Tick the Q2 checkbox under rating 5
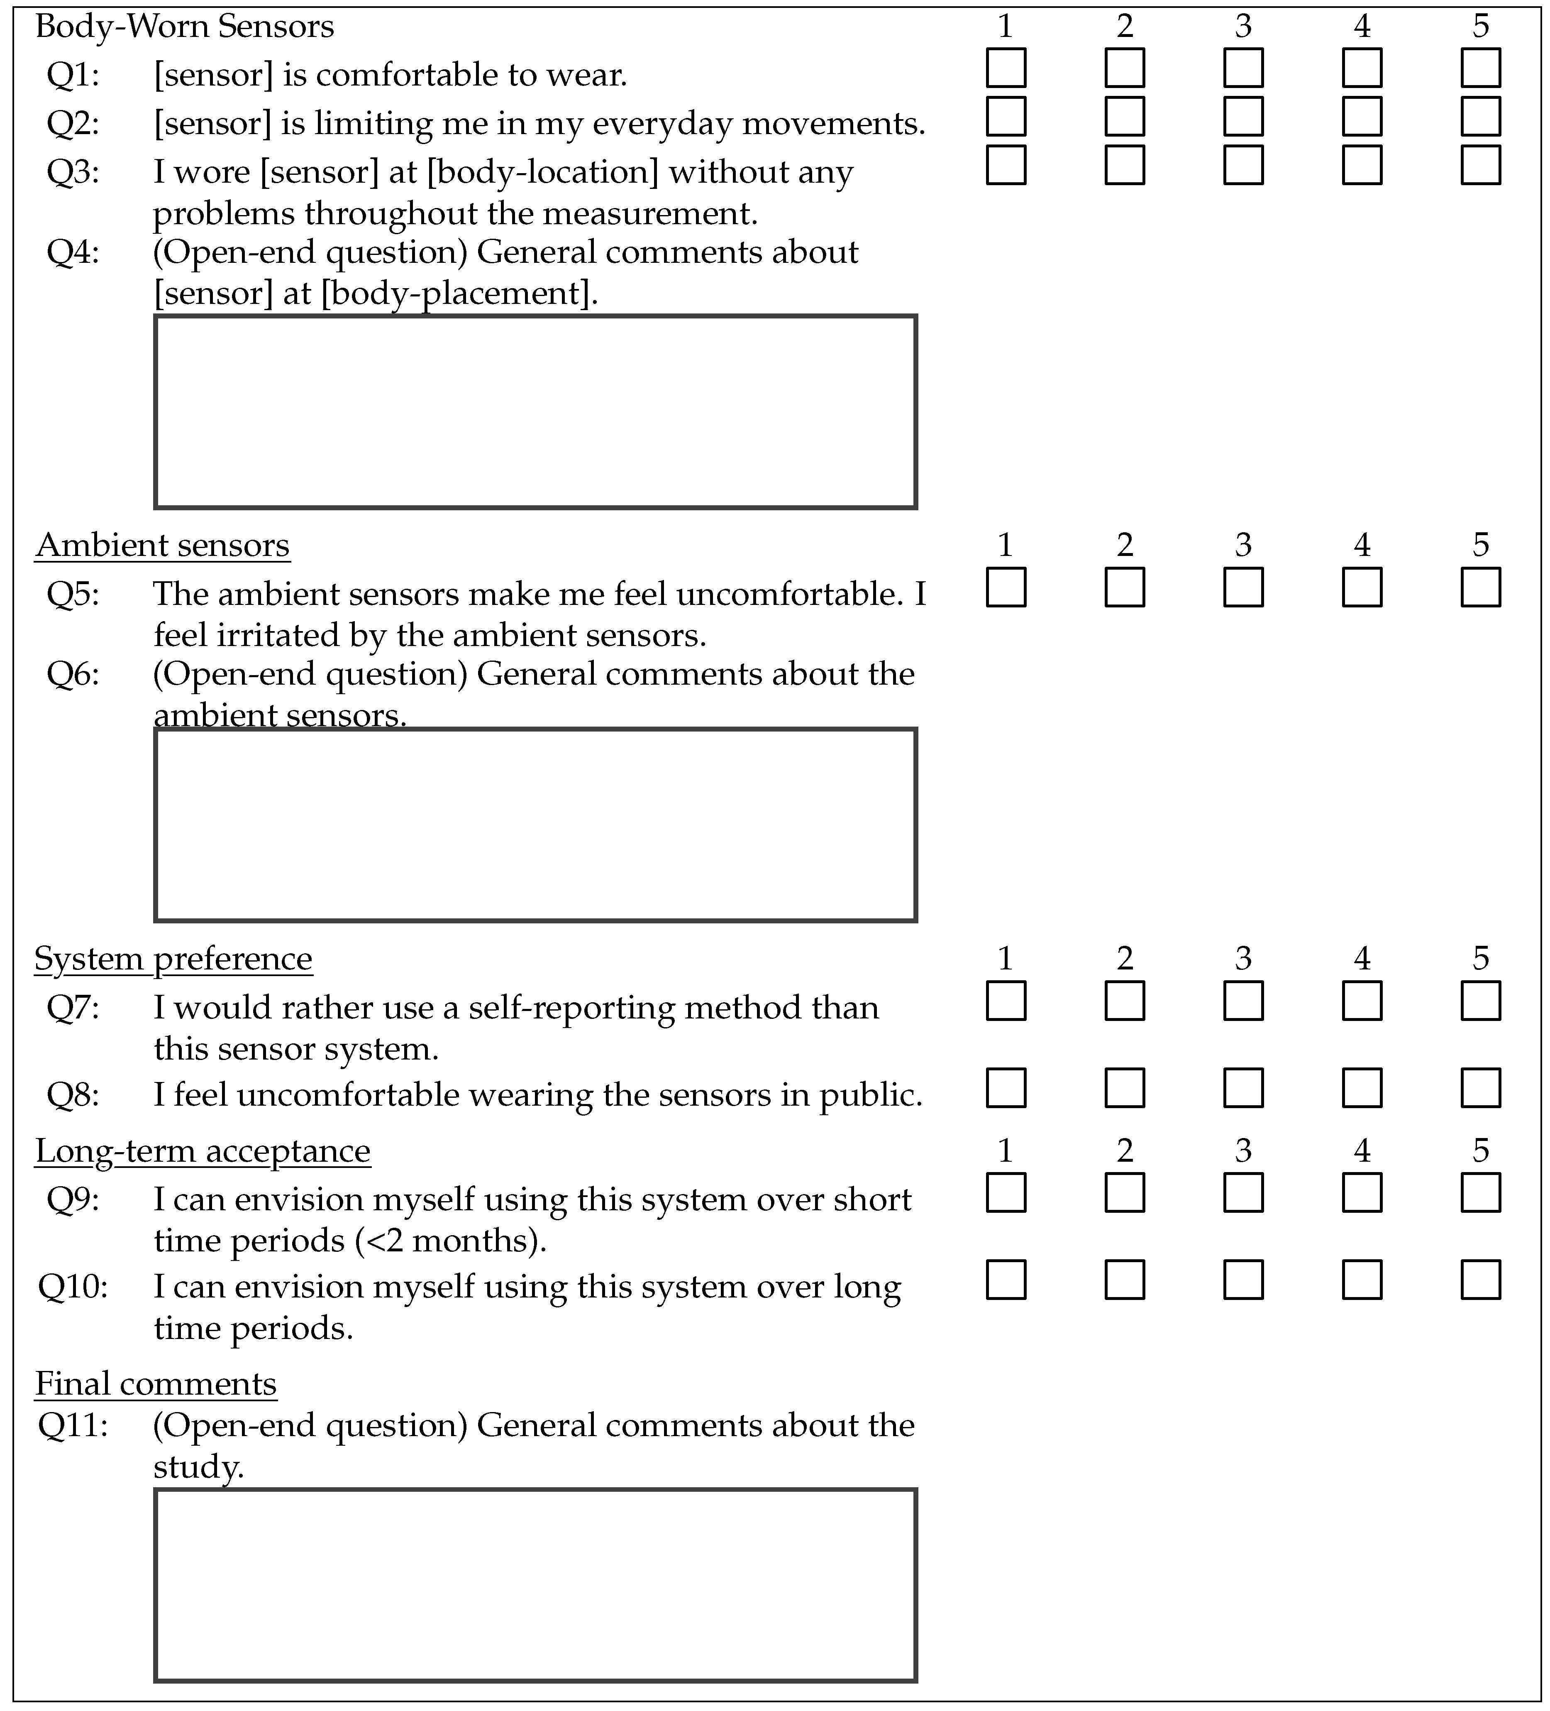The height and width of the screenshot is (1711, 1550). (x=1480, y=116)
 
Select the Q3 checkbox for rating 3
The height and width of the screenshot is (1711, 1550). (x=1243, y=165)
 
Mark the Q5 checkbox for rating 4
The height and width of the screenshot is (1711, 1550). (x=1362, y=587)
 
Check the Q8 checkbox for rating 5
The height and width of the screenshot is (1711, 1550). (x=1480, y=1088)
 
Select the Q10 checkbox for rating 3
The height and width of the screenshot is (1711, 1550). (x=1243, y=1280)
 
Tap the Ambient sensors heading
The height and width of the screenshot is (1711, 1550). (x=162, y=545)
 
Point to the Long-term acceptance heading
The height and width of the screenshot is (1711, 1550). (x=203, y=1151)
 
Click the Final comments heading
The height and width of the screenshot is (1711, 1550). (x=156, y=1384)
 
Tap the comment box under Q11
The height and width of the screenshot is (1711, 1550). (x=535, y=1584)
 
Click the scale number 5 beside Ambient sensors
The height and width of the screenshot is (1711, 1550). (x=1480, y=545)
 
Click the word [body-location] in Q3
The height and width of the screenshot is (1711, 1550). (x=543, y=172)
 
